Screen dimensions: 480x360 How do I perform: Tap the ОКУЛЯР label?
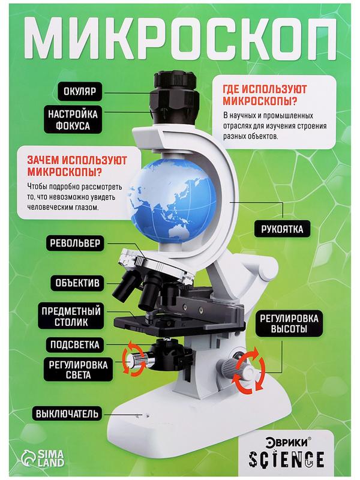pos(81,92)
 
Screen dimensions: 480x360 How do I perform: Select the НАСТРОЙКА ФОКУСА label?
pos(74,120)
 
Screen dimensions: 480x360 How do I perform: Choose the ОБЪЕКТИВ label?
pos(77,281)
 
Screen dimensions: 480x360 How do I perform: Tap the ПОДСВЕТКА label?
pos(73,345)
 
